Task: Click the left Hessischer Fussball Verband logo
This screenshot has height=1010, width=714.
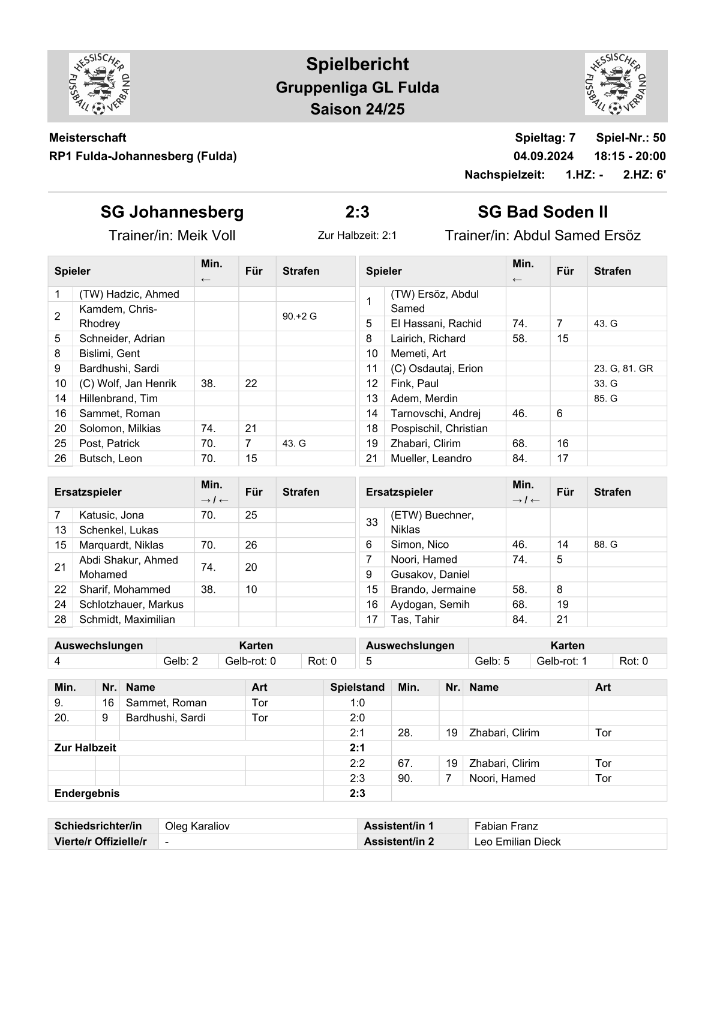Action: (x=100, y=84)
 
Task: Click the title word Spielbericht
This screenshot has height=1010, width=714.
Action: (x=357, y=64)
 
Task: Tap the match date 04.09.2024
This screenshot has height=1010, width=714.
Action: (x=543, y=156)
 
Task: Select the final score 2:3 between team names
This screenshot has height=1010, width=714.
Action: (x=357, y=212)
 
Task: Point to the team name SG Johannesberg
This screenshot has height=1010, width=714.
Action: (x=172, y=212)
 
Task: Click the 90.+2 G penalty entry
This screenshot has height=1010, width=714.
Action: (x=299, y=316)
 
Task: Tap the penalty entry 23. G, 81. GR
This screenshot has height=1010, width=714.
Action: (x=623, y=368)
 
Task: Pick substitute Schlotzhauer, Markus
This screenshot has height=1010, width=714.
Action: (x=131, y=604)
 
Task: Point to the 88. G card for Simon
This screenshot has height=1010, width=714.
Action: (x=605, y=544)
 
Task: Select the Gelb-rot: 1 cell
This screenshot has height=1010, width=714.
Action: (x=562, y=661)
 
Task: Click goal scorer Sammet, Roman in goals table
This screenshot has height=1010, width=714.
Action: (x=166, y=703)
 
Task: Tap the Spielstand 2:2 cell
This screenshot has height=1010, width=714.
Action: (x=357, y=763)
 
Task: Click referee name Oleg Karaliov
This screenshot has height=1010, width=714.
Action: (x=197, y=826)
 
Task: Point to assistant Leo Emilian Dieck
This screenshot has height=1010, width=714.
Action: (x=517, y=841)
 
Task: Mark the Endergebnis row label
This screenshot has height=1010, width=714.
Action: (x=87, y=793)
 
